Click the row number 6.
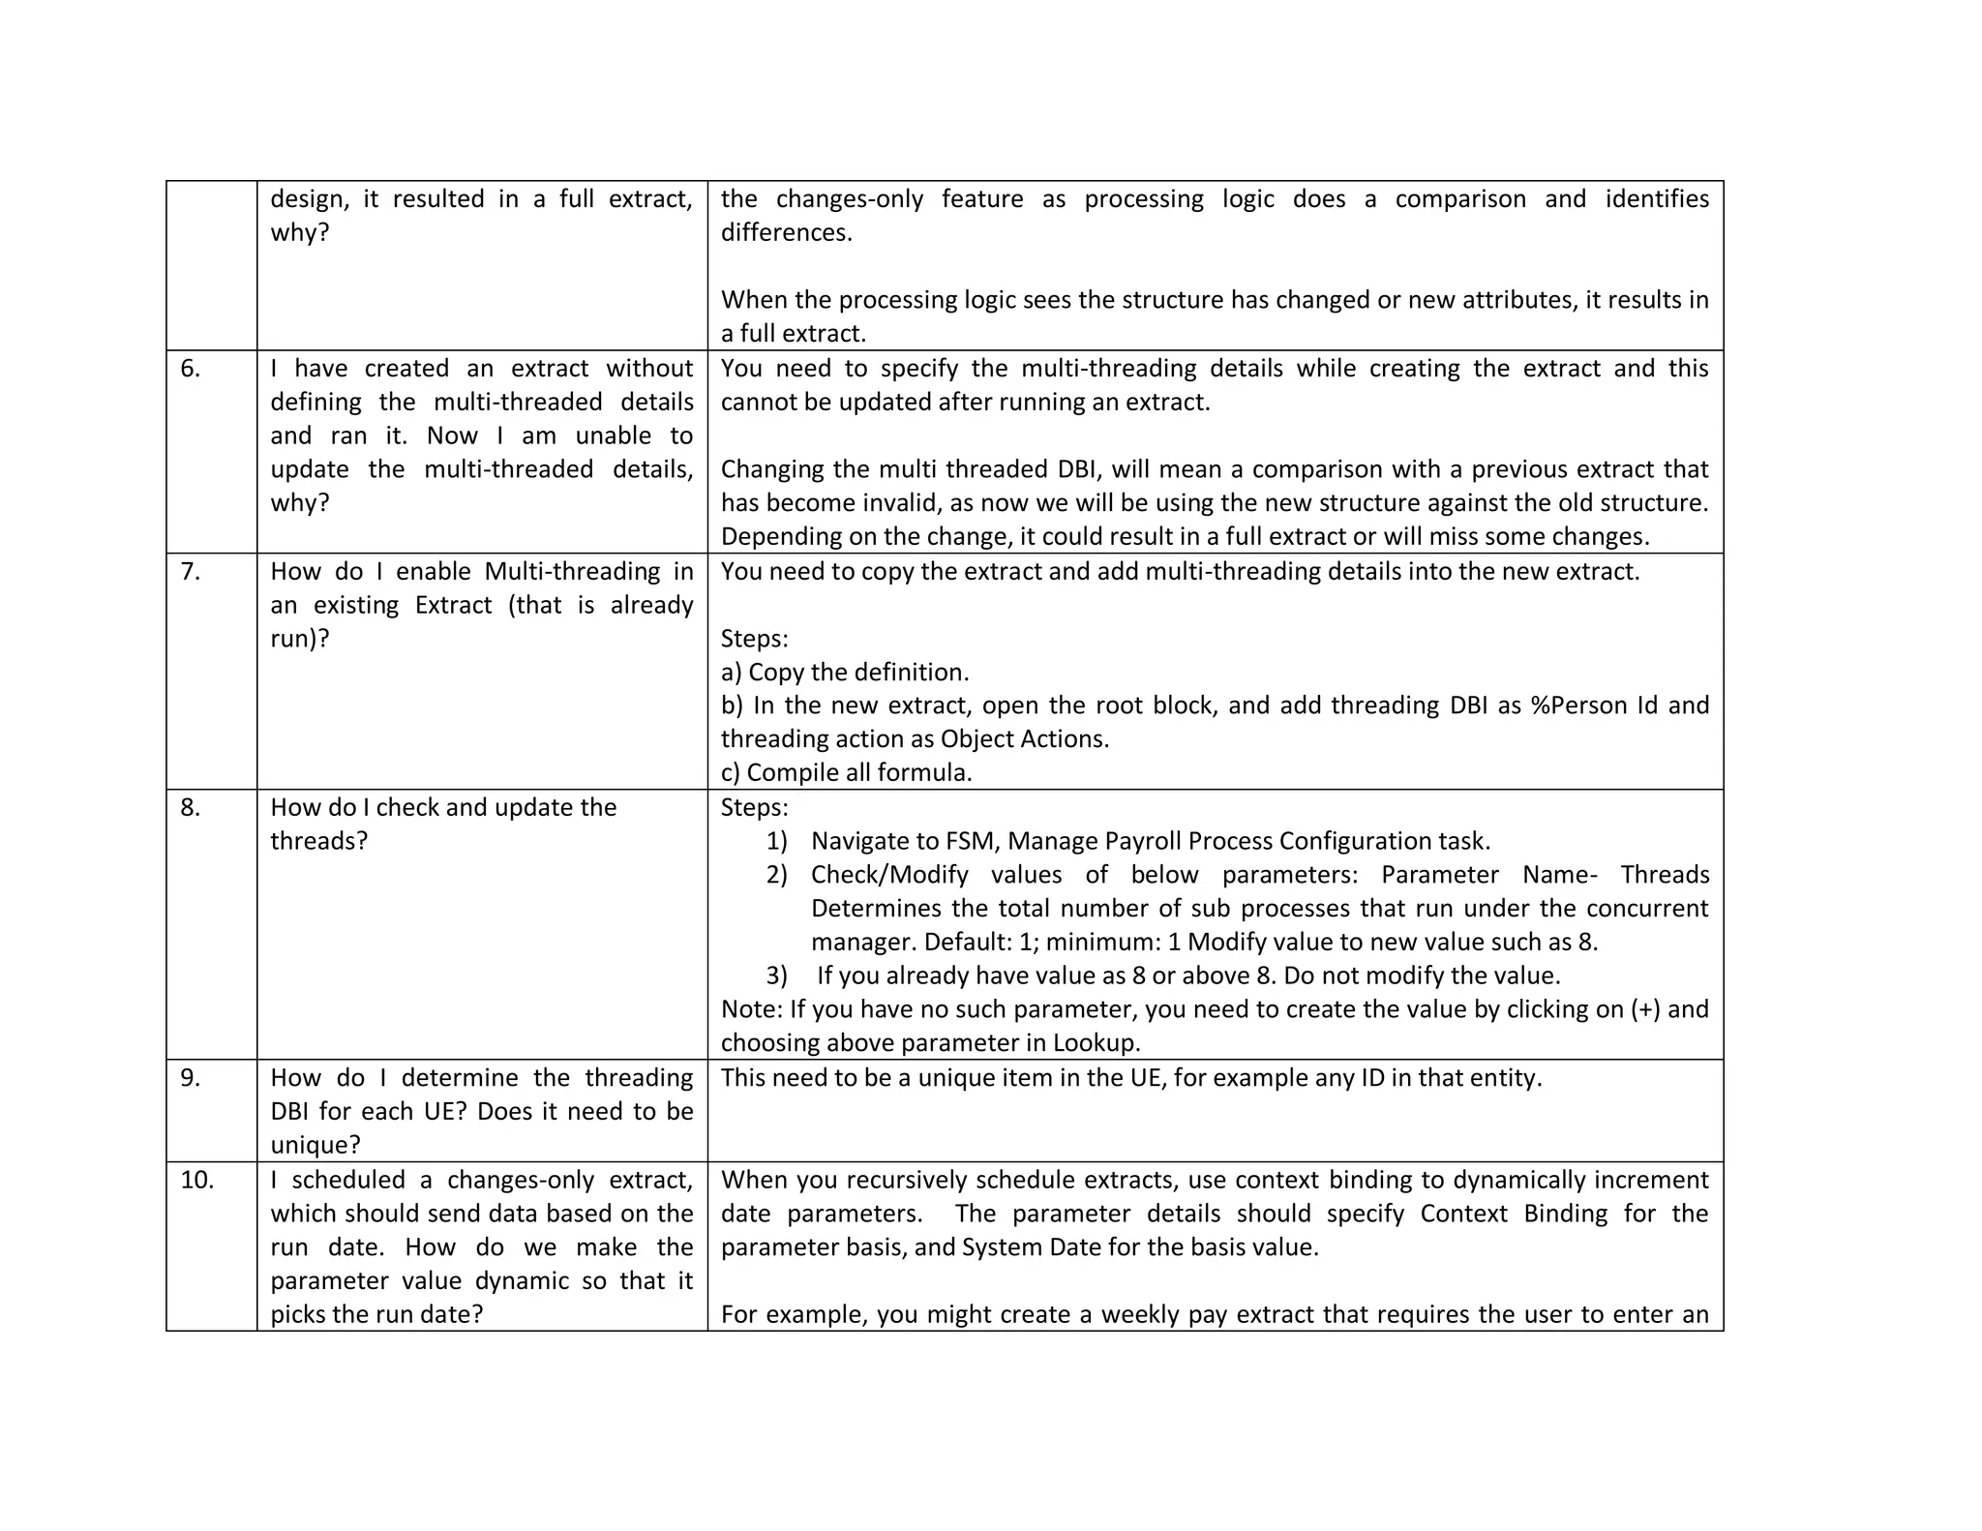click(x=190, y=369)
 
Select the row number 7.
click(x=190, y=572)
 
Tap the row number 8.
click(x=190, y=808)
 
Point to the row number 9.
click(x=190, y=1078)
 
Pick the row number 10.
click(x=196, y=1181)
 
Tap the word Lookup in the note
click(x=1095, y=1043)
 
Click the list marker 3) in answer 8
click(x=776, y=976)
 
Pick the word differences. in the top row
click(x=786, y=233)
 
